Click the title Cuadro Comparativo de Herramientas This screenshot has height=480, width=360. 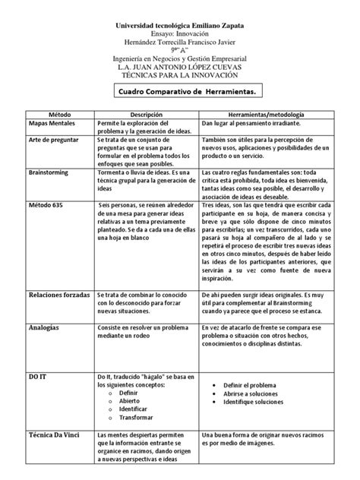point(179,91)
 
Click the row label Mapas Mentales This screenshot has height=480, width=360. point(52,123)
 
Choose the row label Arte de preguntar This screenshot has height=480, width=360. point(53,142)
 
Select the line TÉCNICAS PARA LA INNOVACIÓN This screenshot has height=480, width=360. point(179,74)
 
